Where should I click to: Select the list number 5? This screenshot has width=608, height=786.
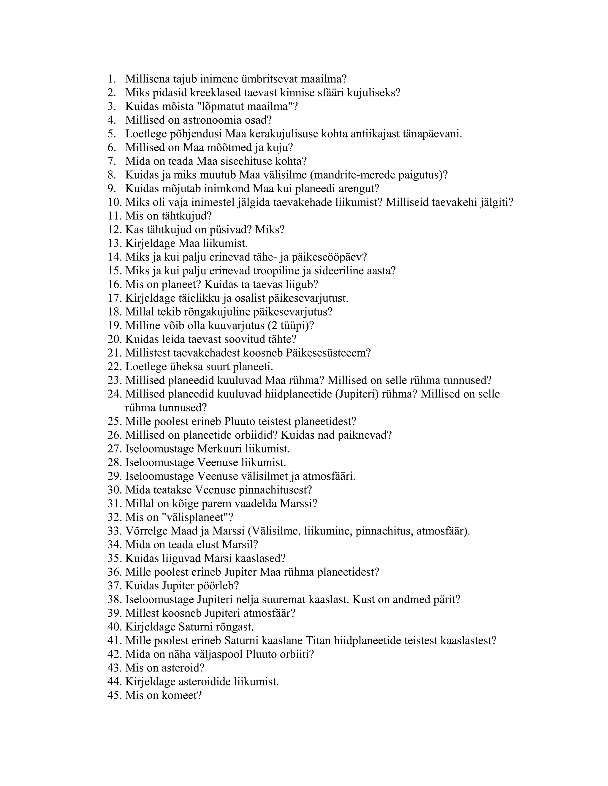click(111, 134)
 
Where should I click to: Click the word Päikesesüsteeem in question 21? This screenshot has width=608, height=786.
click(328, 353)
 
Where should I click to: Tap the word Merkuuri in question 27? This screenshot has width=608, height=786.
click(220, 449)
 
